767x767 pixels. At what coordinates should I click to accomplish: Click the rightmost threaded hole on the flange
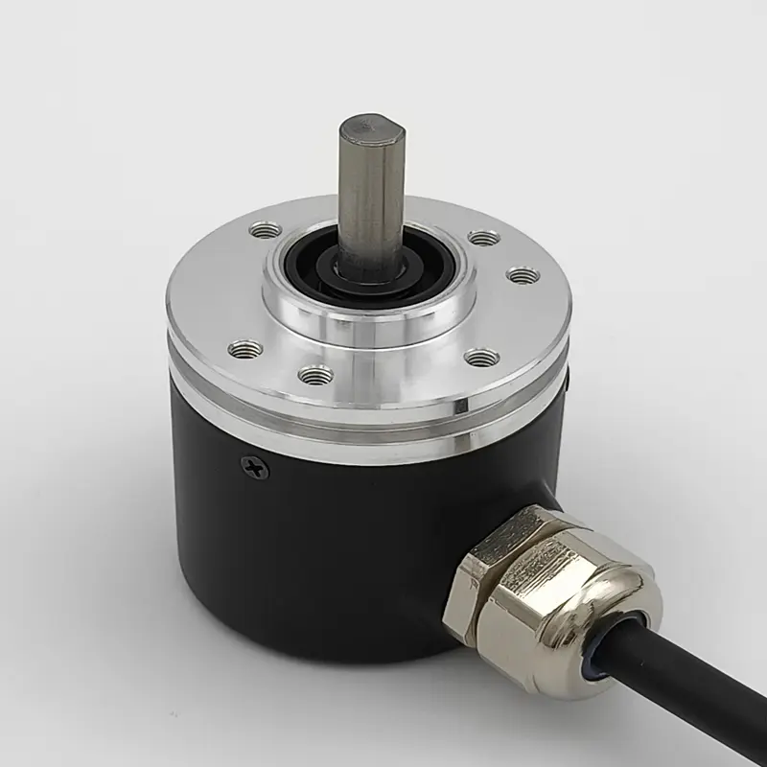(523, 275)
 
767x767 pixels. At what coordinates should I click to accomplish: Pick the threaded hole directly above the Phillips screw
(246, 349)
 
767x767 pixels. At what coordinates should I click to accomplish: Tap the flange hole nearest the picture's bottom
(315, 375)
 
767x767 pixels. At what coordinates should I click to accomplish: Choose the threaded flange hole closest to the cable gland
(481, 358)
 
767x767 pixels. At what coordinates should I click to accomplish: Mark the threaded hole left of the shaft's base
(265, 230)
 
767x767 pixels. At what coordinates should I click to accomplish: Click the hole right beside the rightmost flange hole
(484, 237)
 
